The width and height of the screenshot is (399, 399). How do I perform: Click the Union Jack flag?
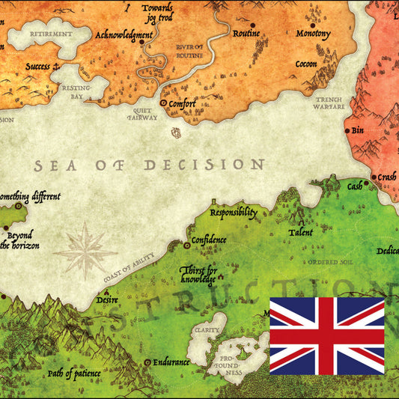[x=326, y=335]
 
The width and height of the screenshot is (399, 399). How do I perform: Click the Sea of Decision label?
[x=150, y=164]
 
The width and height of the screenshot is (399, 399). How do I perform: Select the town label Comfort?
[x=182, y=104]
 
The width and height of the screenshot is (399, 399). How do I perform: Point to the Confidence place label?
[x=209, y=240]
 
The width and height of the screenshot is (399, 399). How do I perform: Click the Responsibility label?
[x=233, y=213]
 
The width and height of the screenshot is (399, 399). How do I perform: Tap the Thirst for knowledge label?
[x=198, y=274]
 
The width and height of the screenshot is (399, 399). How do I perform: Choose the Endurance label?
[x=171, y=362]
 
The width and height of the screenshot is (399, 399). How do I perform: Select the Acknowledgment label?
[x=124, y=34]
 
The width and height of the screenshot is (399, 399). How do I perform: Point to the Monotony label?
[x=313, y=34]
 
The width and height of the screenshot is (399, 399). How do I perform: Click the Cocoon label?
[x=305, y=64]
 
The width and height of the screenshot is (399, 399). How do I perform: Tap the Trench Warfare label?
[x=329, y=103]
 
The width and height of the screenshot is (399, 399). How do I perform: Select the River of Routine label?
[x=189, y=51]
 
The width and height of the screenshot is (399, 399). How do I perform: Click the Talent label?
[x=300, y=233]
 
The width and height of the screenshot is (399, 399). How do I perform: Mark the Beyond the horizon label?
[x=19, y=240]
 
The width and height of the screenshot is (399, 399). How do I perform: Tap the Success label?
[x=37, y=67]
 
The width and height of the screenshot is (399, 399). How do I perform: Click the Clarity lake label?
[x=207, y=329]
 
